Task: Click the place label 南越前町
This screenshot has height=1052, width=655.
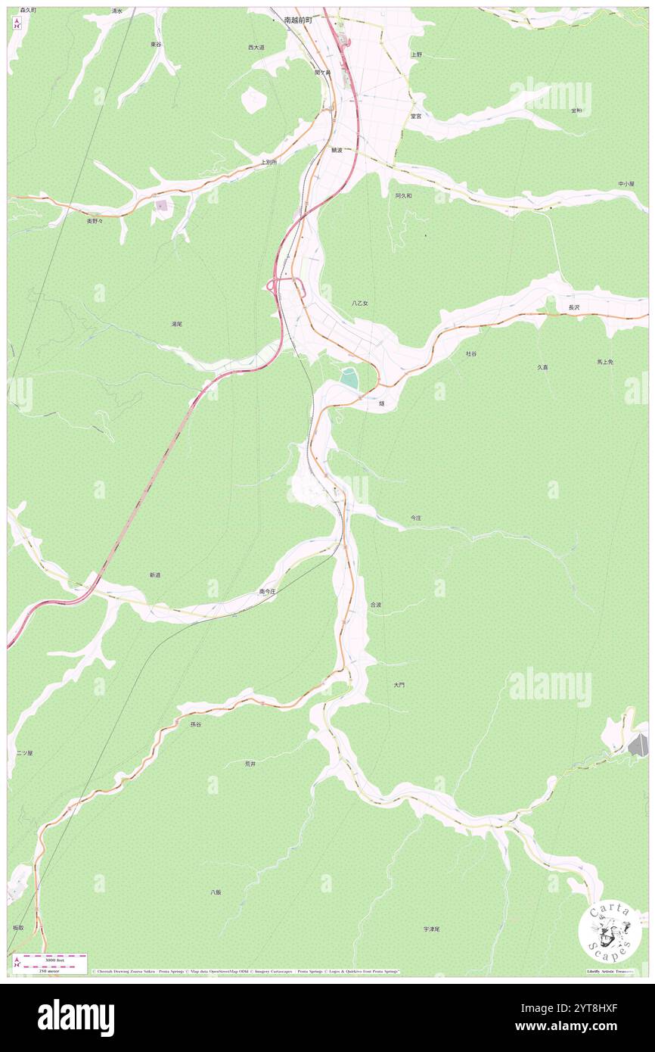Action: point(297,20)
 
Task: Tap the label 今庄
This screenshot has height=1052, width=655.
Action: point(416,518)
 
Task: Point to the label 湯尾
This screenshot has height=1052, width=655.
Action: point(176,324)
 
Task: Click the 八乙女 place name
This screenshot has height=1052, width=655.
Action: point(360,303)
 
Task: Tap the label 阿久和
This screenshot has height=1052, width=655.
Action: point(403,195)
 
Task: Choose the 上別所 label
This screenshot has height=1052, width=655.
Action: point(269,162)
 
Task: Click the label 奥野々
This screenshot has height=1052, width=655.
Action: point(95,221)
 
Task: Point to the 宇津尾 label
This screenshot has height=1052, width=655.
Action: point(431,929)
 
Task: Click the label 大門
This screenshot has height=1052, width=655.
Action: point(399,685)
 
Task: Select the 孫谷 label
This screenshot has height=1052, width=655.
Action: point(196,724)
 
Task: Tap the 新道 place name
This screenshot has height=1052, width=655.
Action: point(154,575)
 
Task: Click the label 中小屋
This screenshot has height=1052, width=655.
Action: point(626,184)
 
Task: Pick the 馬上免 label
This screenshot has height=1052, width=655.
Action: point(604,362)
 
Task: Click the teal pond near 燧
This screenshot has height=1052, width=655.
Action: point(349,378)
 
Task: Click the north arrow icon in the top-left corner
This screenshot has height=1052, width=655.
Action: point(17,23)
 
